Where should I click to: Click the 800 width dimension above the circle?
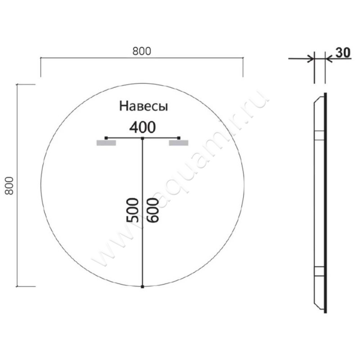(x=142, y=52)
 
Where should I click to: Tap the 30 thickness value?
(x=342, y=53)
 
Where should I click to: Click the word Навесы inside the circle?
(x=144, y=106)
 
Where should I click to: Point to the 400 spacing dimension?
(x=142, y=127)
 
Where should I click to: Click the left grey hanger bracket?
(x=106, y=143)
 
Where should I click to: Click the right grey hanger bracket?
(x=178, y=143)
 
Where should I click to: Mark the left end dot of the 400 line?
(x=106, y=137)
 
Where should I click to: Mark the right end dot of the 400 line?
(x=179, y=137)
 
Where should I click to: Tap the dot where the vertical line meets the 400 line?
(x=142, y=138)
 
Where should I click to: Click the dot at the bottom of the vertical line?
(x=142, y=286)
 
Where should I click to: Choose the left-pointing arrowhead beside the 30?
(x=328, y=58)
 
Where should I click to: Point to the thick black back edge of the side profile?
(x=326, y=202)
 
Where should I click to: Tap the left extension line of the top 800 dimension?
(x=41, y=67)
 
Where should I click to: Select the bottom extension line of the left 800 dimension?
(x=26, y=286)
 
